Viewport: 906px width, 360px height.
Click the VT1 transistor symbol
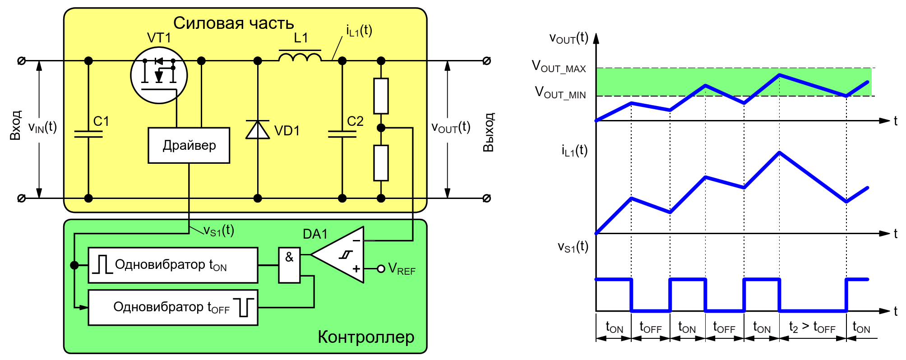pos(159,75)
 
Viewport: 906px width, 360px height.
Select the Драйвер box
pos(189,145)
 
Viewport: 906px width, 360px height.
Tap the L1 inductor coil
pos(300,57)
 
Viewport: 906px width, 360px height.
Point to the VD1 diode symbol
pos(258,130)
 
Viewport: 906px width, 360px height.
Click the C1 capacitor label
pos(101,121)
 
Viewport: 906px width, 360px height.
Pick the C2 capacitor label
pos(355,121)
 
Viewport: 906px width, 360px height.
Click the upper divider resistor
pos(381,96)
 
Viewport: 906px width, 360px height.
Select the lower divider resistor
pos(381,163)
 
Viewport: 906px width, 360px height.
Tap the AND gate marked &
pos(289,265)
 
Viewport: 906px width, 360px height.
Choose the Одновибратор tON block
pos(173,265)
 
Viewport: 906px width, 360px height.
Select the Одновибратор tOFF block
pos(173,308)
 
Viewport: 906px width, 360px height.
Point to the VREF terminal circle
pos(381,269)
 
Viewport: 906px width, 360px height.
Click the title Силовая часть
pos(233,23)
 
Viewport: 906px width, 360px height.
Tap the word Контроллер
pos(366,337)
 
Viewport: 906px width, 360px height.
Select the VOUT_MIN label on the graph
pos(560,93)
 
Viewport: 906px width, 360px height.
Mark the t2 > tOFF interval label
pos(812,328)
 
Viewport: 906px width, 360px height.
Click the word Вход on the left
pos(16,125)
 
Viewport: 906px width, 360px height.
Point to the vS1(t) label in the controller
pos(219,231)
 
